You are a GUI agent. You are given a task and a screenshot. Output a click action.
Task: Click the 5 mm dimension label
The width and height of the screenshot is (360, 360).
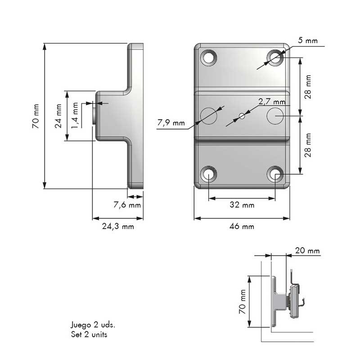coord(308,40)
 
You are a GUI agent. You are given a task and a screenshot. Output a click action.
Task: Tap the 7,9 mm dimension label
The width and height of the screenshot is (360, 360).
coord(171,123)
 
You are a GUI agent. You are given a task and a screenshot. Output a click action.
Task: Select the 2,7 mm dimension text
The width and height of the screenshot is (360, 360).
coord(272,102)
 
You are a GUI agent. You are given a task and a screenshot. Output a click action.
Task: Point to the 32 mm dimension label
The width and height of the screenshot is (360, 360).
coord(242,205)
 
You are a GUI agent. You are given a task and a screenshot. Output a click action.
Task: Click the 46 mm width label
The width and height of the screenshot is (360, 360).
coord(242,226)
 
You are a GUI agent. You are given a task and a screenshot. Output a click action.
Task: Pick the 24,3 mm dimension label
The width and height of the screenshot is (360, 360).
coord(118,226)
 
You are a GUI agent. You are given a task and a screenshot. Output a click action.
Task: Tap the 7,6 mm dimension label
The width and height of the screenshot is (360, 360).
coord(127,205)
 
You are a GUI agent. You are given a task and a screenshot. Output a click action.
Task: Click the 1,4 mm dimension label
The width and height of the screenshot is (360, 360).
coord(75,115)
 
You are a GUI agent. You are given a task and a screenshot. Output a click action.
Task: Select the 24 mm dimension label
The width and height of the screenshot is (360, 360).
coord(58,116)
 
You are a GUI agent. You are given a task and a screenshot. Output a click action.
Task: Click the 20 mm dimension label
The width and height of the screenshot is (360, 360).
coord(307,251)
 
